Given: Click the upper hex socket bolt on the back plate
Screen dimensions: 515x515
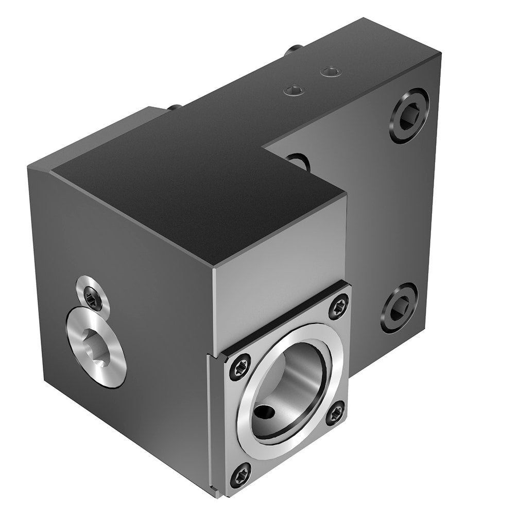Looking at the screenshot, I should click(409, 115).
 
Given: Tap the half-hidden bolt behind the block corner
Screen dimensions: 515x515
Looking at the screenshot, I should click(297, 162).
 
